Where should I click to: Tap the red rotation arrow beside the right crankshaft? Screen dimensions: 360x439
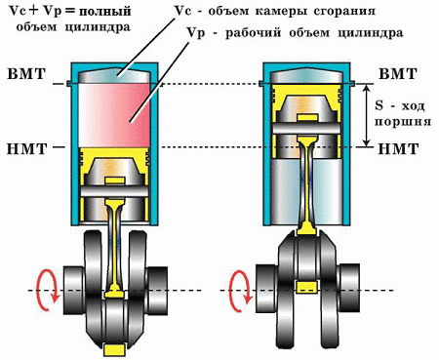[237, 289]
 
